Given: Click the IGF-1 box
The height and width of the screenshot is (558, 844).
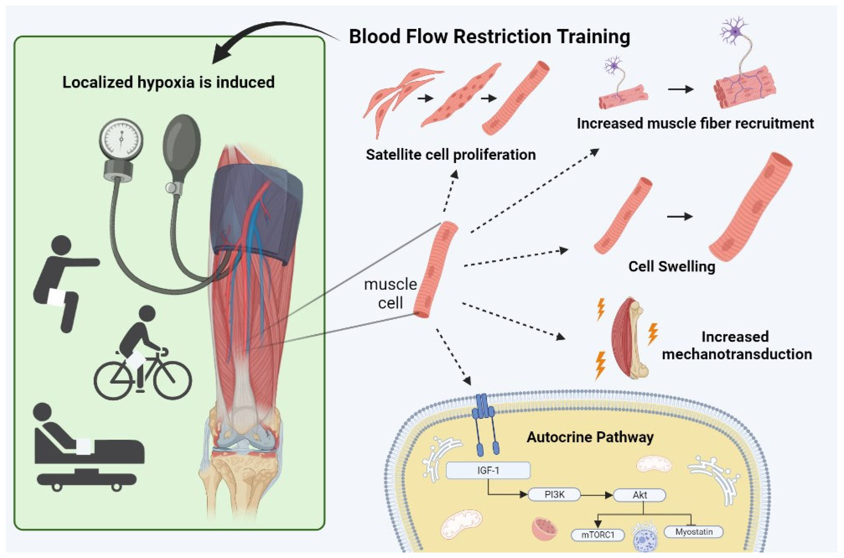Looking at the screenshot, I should coord(488,470).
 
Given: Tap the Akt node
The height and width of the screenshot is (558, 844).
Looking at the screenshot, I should coord(640,495).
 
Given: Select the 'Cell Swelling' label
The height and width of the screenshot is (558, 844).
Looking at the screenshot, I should coord(671,266).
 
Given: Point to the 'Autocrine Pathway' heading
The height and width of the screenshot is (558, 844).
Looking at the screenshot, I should coord(590,437).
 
